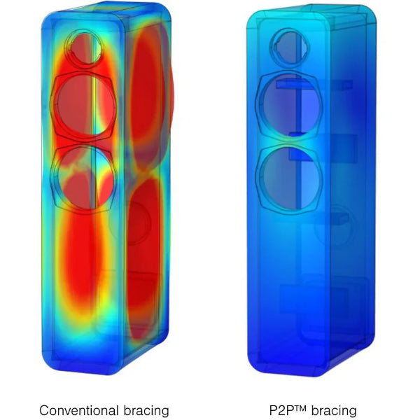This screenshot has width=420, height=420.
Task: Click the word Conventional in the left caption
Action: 79,410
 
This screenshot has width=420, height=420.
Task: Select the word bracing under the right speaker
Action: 334,411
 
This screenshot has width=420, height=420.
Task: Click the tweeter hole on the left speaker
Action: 83,48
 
